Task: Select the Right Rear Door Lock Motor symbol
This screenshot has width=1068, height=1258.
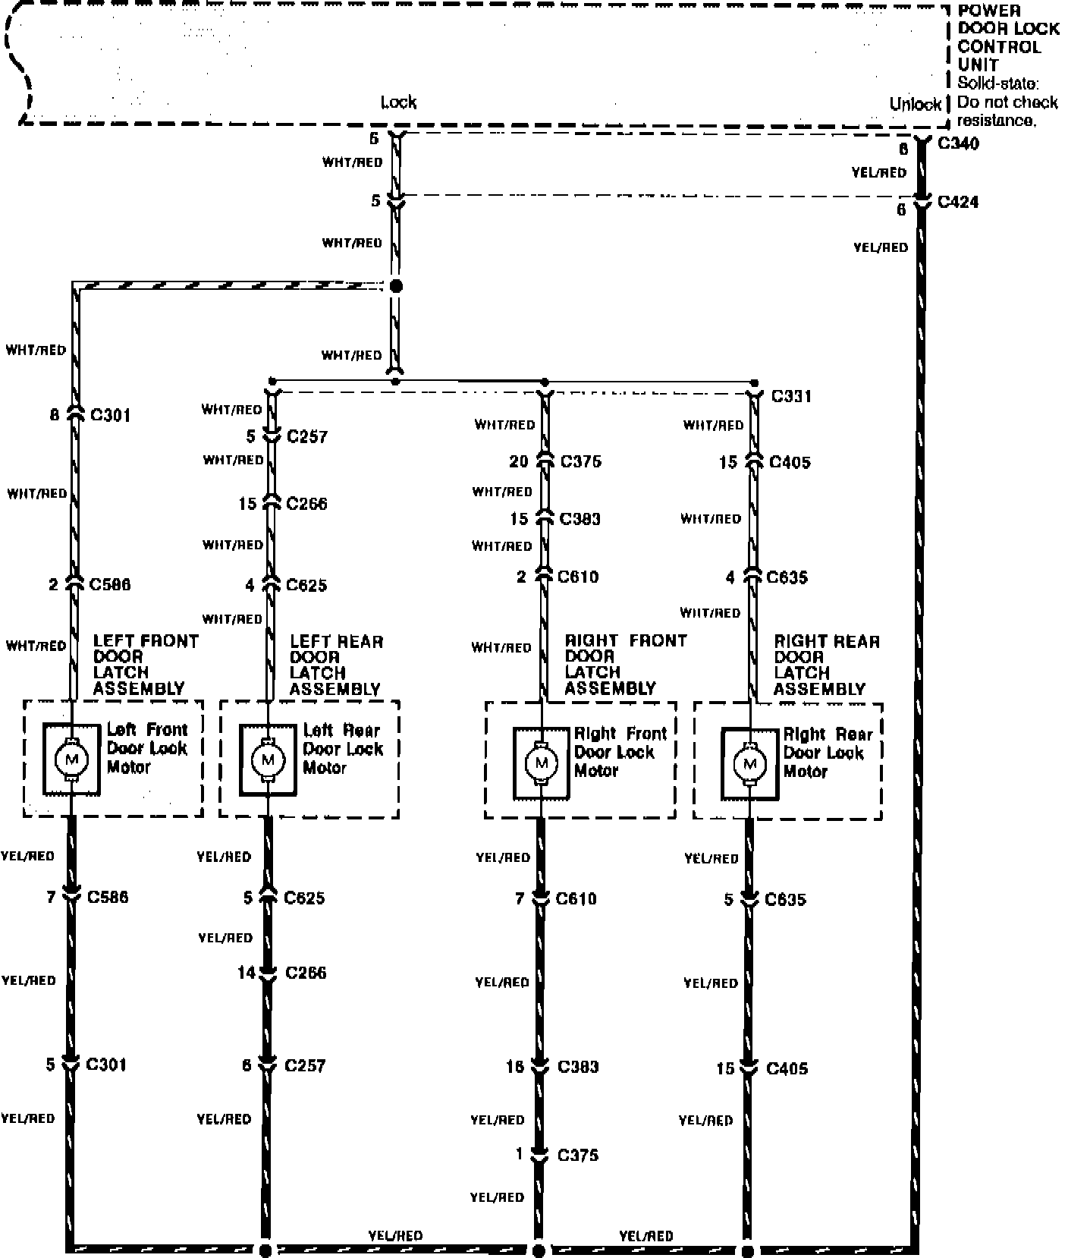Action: coord(750,764)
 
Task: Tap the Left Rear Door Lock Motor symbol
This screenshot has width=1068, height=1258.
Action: coord(268,760)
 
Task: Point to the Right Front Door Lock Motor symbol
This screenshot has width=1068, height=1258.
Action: coord(542,763)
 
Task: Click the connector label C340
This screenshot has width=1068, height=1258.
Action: coord(958,143)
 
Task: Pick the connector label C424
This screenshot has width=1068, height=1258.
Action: coord(958,202)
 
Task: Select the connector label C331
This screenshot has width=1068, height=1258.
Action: coord(791,396)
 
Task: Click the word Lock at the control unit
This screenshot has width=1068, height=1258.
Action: coord(398,102)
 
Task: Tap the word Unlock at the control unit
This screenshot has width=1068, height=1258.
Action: coord(916,104)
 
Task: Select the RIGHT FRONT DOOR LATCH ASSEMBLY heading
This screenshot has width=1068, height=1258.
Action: coord(625,664)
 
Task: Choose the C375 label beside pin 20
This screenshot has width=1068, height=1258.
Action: coord(580,461)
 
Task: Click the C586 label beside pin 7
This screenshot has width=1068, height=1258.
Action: coord(108,897)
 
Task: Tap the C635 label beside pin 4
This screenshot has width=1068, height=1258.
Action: coord(787,577)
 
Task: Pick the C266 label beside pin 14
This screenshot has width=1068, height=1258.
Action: coord(306,973)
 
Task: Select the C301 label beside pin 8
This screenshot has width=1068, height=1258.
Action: coord(110,415)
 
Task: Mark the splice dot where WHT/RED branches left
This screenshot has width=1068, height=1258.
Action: coord(394,287)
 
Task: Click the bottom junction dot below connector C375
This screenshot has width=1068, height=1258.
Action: coord(539,1249)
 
